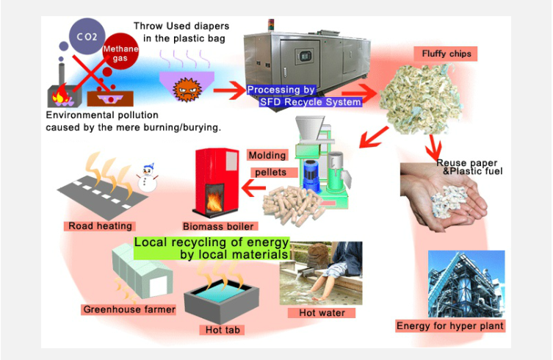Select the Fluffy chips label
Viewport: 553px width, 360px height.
tap(446, 54)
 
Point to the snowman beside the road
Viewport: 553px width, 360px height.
tap(148, 179)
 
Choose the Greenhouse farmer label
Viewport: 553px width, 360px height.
tap(129, 309)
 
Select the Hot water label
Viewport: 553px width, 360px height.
tap(322, 313)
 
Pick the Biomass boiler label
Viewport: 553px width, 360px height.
tap(213, 226)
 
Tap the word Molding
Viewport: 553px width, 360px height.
tap(267, 156)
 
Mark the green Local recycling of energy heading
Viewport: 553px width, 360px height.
tap(212, 248)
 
